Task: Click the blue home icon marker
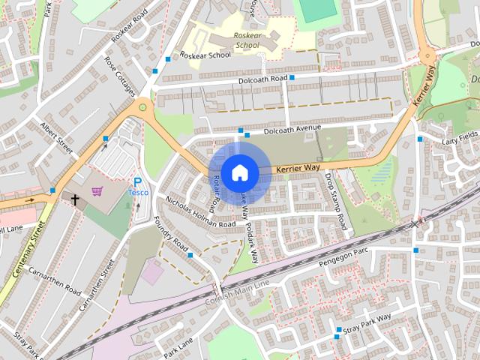pyautogui.click(x=239, y=172)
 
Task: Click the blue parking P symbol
pyautogui.click(x=137, y=181)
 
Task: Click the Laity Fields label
pyautogui.click(x=459, y=139)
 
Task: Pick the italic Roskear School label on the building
pyautogui.click(x=247, y=40)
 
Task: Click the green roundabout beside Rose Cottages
pyautogui.click(x=142, y=109)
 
